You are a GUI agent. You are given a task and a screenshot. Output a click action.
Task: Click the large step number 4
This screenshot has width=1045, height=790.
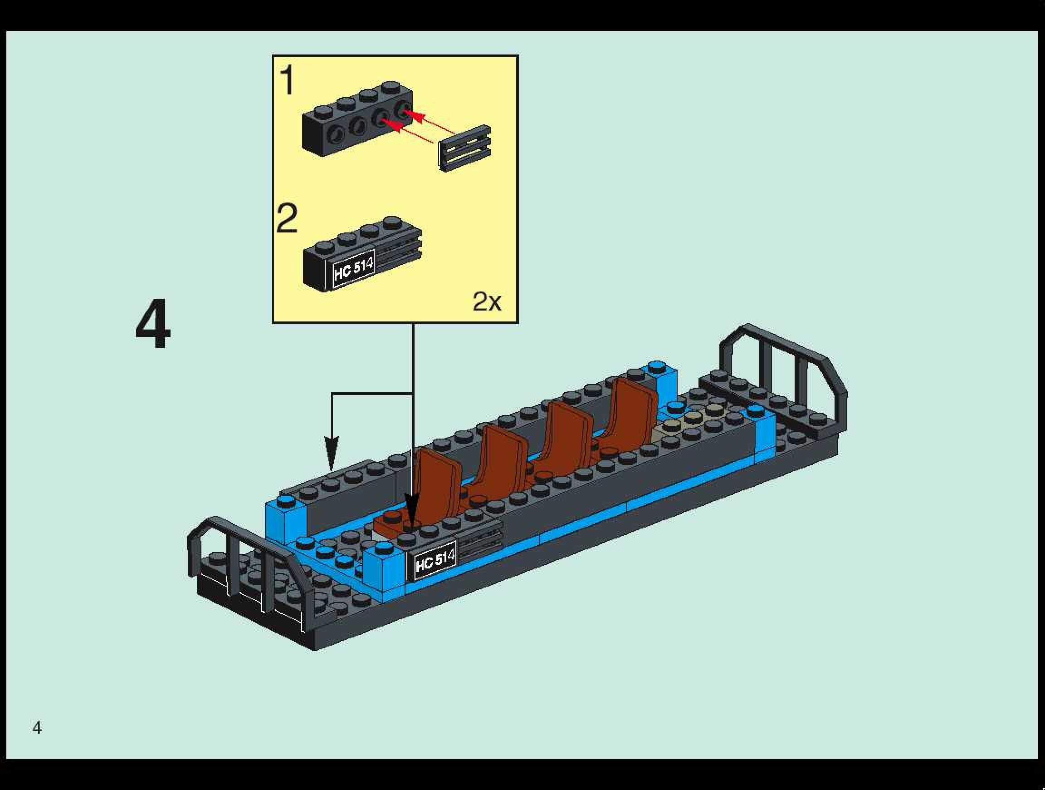(x=152, y=324)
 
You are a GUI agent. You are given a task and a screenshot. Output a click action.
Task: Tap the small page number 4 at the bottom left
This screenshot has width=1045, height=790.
(x=37, y=728)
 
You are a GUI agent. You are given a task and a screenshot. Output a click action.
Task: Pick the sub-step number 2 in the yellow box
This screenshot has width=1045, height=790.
(x=287, y=218)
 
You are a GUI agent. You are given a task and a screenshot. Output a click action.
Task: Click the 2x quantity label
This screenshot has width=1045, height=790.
(x=487, y=301)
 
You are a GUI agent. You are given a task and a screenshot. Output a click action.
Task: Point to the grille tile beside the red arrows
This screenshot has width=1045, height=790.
(x=465, y=148)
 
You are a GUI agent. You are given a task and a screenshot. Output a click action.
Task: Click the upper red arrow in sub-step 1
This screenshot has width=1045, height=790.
(x=428, y=121)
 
